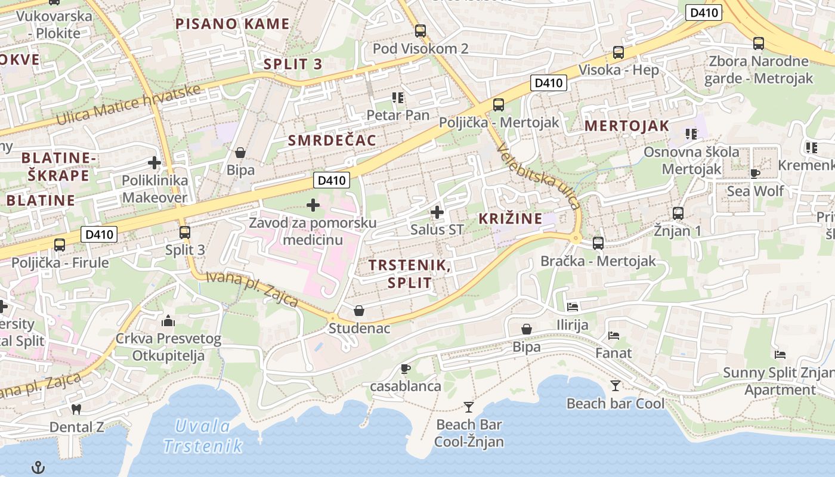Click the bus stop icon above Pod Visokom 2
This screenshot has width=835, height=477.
[420, 31]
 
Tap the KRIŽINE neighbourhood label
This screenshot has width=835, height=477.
[511, 218]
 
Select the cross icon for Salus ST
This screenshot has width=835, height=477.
[437, 212]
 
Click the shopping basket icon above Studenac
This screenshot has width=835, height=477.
[359, 311]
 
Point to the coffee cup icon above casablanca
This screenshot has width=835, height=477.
[406, 368]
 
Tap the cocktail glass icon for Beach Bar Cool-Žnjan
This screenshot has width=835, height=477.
[469, 407]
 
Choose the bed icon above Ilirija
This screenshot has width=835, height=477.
[573, 307]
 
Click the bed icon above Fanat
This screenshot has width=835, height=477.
[613, 336]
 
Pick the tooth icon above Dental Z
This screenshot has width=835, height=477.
[76, 409]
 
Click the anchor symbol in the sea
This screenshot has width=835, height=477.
[38, 467]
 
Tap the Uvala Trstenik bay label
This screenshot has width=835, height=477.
[203, 436]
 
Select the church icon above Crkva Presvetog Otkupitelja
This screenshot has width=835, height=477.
[168, 321]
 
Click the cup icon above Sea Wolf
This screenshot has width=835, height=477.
[755, 174]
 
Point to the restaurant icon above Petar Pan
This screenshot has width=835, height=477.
[398, 97]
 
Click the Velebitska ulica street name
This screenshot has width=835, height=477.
[539, 177]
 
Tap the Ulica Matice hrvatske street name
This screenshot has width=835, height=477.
[128, 105]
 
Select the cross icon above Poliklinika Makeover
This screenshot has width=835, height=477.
[154, 162]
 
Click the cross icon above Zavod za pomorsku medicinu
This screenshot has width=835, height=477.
[313, 206]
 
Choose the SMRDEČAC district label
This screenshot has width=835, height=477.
[332, 140]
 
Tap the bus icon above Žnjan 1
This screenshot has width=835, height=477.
[678, 213]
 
